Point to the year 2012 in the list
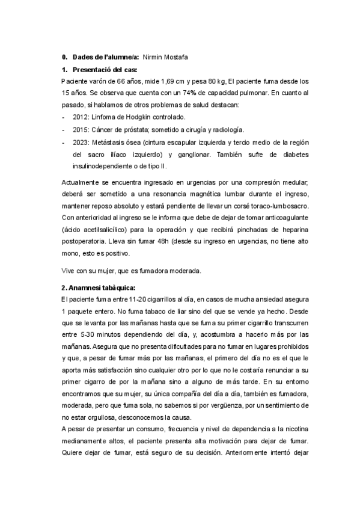pos(82,117)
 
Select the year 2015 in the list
pos(82,129)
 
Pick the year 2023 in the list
pos(82,142)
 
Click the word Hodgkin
pos(139,117)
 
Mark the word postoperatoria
pos(88,241)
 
